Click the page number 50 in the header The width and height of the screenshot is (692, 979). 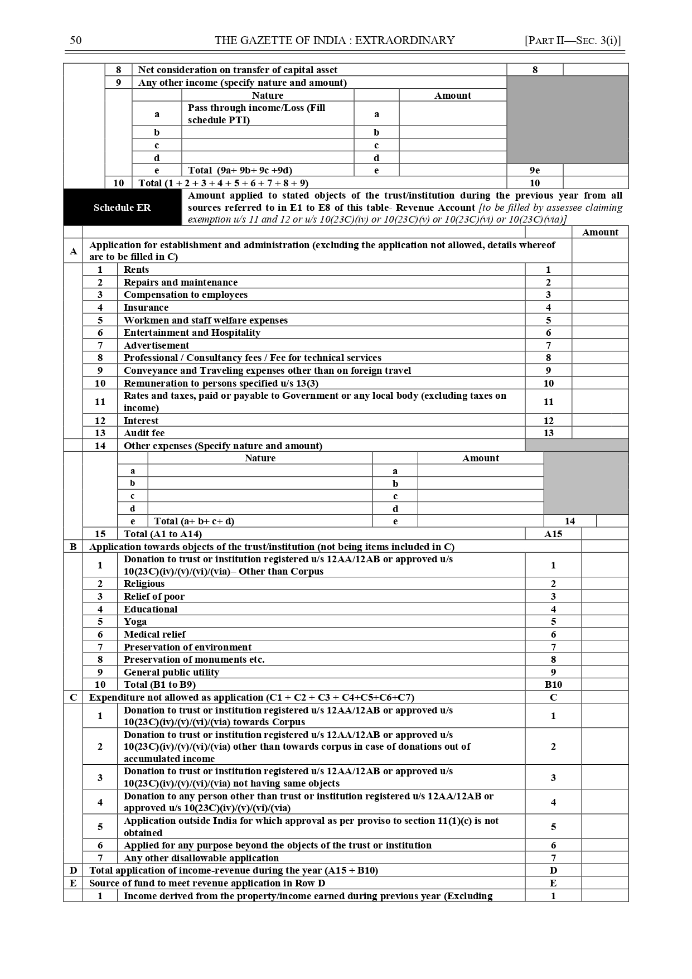click(x=76, y=40)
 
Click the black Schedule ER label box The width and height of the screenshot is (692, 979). click(x=122, y=208)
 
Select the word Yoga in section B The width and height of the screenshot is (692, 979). click(x=135, y=621)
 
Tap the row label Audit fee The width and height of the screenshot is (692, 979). click(x=144, y=433)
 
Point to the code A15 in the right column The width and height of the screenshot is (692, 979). click(x=553, y=534)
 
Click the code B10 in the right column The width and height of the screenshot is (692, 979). click(x=553, y=684)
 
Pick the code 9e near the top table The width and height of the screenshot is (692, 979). click(x=535, y=170)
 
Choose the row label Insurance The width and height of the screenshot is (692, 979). click(x=146, y=307)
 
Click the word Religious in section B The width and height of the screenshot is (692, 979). click(x=144, y=583)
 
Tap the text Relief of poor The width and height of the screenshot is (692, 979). click(x=154, y=596)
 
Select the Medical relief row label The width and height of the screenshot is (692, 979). click(x=154, y=634)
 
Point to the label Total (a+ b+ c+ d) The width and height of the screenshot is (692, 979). click(x=194, y=521)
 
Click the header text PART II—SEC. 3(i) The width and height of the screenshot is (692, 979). click(x=573, y=40)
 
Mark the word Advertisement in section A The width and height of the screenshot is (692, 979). click(x=156, y=345)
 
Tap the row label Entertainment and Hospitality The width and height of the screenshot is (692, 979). click(x=192, y=332)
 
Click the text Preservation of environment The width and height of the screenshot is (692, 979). click(x=187, y=647)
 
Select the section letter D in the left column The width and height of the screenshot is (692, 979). click(x=73, y=870)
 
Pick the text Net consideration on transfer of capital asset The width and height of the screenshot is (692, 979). click(x=238, y=70)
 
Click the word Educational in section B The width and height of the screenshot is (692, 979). click(x=151, y=609)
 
